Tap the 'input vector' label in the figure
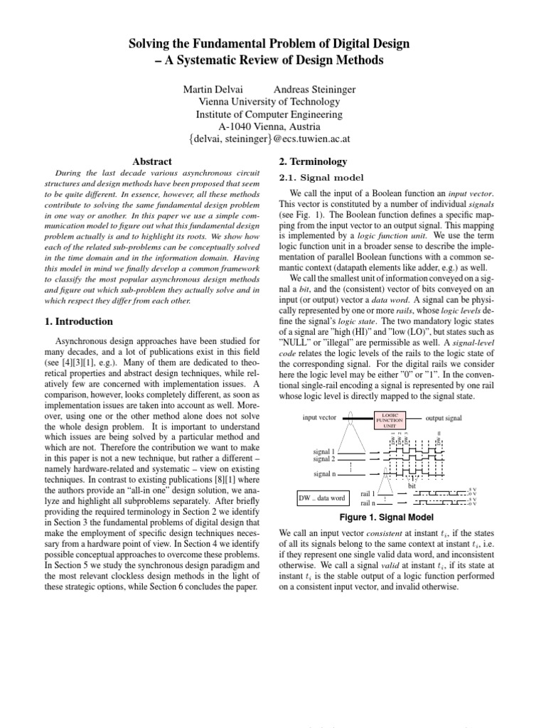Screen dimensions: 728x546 (319, 418)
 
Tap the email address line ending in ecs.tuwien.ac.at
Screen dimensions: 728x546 (269, 140)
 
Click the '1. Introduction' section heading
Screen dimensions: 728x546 (79, 321)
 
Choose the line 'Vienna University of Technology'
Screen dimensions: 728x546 (269, 102)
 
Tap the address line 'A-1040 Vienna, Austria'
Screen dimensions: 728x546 (269, 127)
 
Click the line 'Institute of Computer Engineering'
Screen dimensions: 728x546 (269, 114)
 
